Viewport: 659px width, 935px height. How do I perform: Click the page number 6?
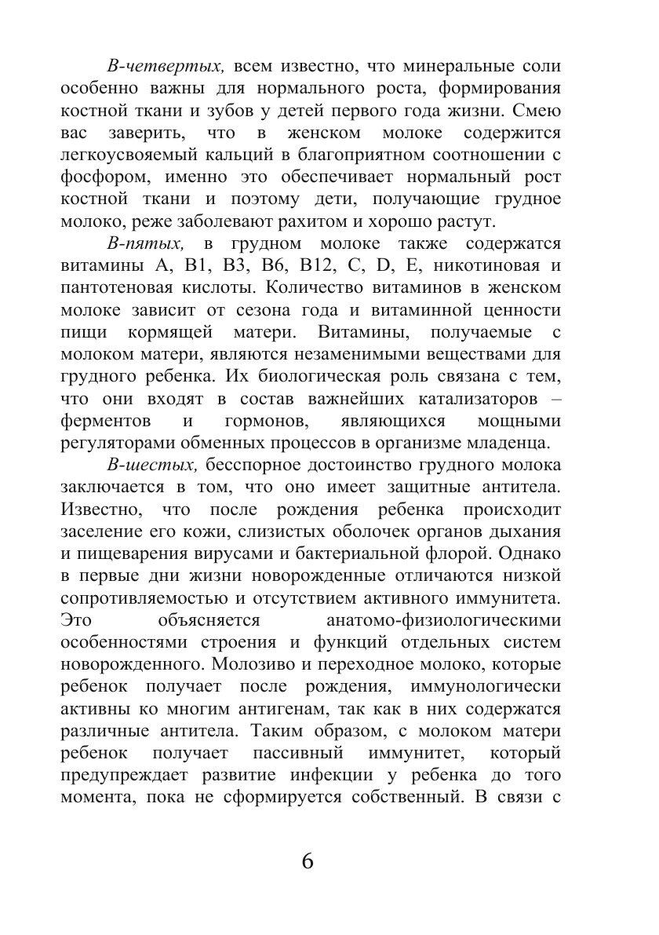tap(307, 860)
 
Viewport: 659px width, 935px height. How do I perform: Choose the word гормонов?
tap(255, 419)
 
